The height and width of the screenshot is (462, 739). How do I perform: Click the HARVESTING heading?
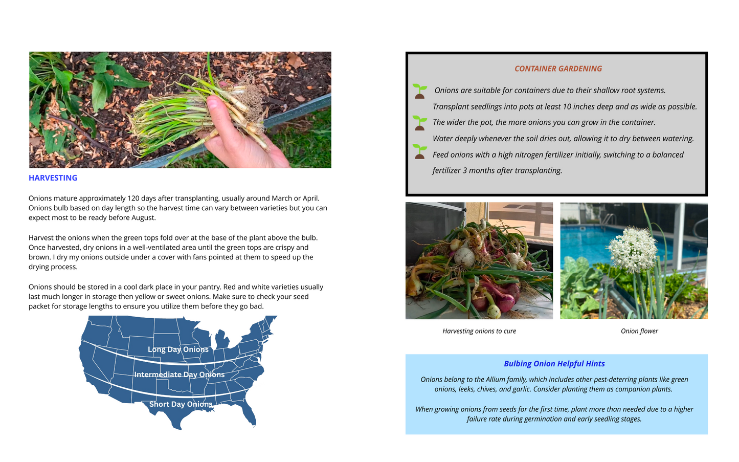click(x=53, y=178)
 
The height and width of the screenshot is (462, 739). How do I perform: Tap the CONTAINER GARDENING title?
click(x=558, y=69)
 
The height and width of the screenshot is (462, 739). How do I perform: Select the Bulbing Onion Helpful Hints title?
click(x=554, y=364)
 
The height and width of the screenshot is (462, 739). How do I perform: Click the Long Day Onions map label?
click(x=178, y=349)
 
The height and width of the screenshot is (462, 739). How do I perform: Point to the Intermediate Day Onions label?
click(x=179, y=375)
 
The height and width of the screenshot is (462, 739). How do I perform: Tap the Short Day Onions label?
click(x=181, y=404)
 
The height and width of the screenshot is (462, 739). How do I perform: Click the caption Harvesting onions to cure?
click(x=479, y=331)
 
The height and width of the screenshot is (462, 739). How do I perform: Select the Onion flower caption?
click(x=639, y=331)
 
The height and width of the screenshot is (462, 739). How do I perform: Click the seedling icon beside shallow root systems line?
click(x=419, y=91)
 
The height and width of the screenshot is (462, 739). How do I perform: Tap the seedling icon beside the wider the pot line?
click(x=419, y=123)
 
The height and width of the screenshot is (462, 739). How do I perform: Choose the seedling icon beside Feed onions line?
click(x=419, y=151)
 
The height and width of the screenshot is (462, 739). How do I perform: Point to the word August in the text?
click(x=142, y=218)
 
